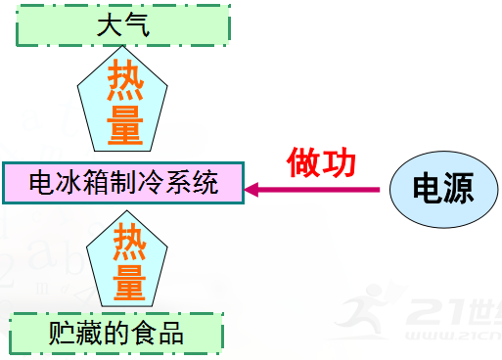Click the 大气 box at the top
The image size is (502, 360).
point(123,25)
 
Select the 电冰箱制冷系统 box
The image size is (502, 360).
point(123,182)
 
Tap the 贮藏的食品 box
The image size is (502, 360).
point(116,334)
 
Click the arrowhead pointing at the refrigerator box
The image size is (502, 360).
point(253,188)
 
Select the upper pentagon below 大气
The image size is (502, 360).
point(123,103)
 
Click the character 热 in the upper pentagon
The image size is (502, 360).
point(124,77)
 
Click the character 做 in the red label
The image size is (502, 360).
point(303,162)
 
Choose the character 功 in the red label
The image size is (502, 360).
point(340,162)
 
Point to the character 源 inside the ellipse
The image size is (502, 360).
point(456,188)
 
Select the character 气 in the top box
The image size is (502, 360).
point(138,25)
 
